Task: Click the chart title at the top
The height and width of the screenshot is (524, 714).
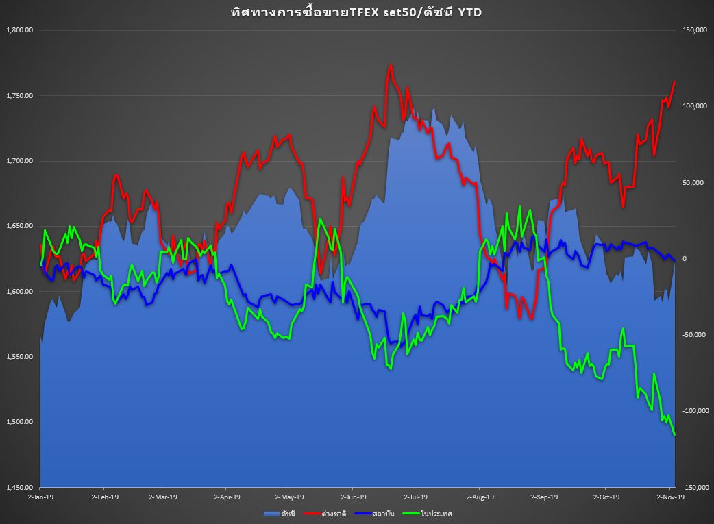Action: point(356,12)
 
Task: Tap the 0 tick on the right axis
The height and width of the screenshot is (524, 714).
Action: point(682,259)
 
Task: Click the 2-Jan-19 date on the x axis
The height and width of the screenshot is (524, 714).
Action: point(40,497)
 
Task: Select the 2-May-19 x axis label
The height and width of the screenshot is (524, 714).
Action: point(288,497)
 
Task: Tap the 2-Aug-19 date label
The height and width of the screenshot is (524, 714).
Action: point(479,497)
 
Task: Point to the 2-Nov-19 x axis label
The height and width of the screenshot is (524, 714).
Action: point(671,497)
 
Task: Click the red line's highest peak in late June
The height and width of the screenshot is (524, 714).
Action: point(391,65)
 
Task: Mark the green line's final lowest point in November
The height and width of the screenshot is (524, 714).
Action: point(675,434)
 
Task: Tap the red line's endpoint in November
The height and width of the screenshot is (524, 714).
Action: point(675,82)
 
